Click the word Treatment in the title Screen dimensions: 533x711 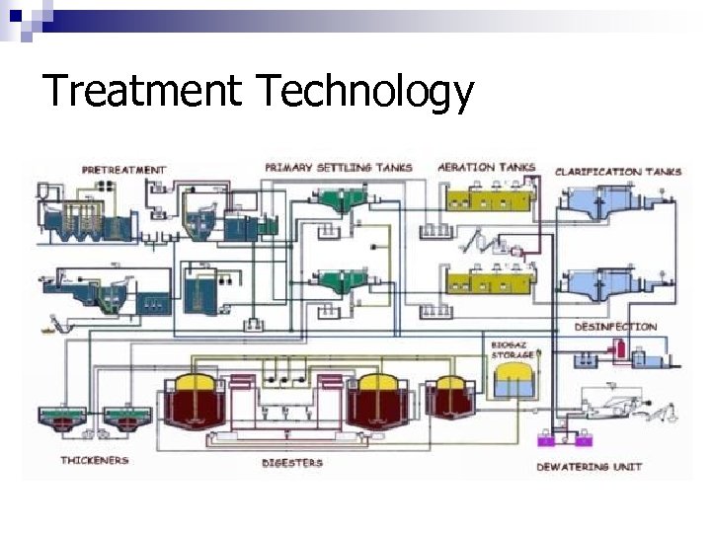[142, 92]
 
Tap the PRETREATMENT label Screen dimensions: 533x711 [123, 170]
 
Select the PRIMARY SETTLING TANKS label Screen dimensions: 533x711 [338, 168]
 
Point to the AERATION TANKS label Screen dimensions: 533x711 [486, 167]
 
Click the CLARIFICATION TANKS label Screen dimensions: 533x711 [618, 172]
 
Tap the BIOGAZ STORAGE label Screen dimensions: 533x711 [513, 349]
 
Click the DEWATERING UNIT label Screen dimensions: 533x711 [589, 467]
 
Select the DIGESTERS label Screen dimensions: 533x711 [291, 462]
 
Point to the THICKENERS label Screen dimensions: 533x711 [95, 460]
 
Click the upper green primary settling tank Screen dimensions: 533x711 [340, 200]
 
